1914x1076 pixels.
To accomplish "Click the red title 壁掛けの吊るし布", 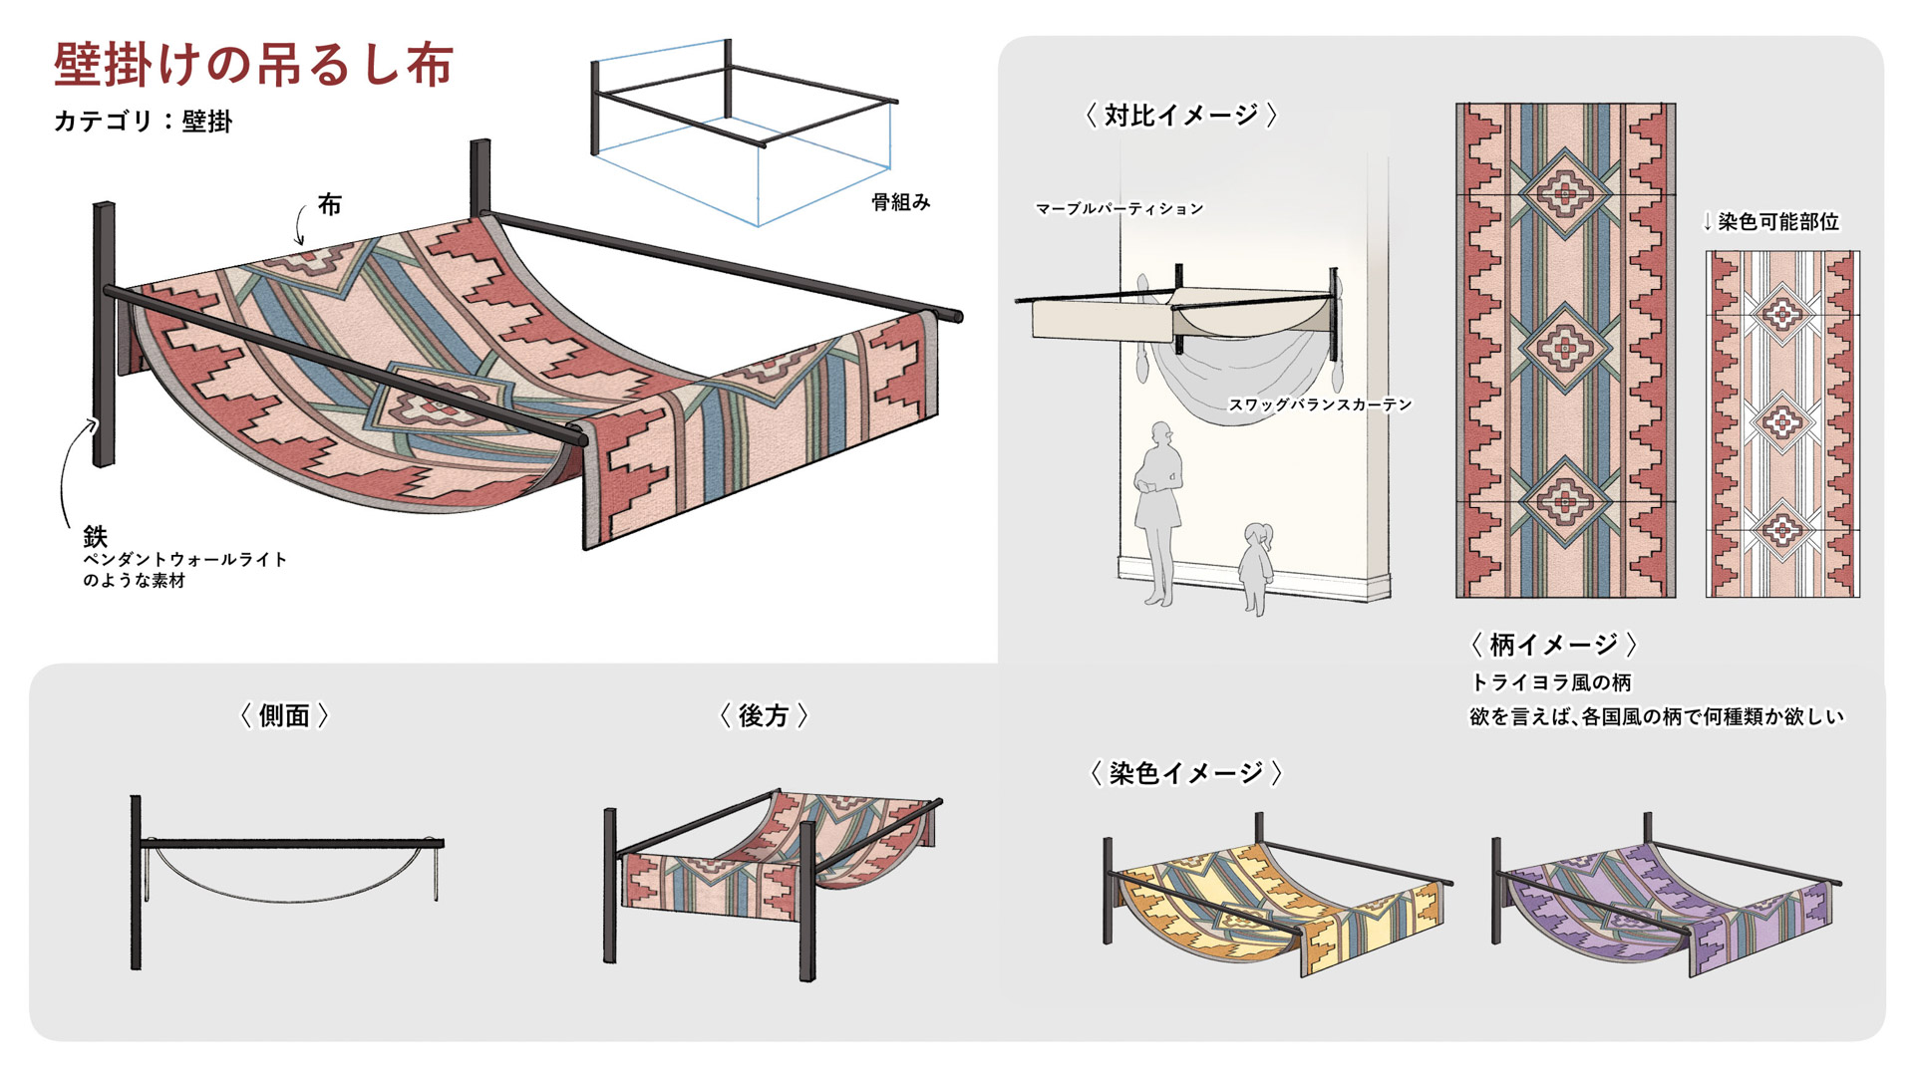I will (x=253, y=66).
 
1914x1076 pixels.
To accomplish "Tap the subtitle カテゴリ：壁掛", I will (x=143, y=122).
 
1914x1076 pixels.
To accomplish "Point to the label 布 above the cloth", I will (x=329, y=205).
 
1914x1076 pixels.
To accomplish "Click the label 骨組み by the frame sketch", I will (x=900, y=202).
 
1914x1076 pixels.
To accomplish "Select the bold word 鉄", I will (x=95, y=537).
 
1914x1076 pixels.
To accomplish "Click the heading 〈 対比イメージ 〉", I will (x=1180, y=116).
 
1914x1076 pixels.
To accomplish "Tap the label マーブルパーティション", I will (x=1119, y=209).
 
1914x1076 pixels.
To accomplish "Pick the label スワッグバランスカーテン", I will (x=1320, y=404).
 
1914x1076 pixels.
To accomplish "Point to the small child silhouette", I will (x=1254, y=568).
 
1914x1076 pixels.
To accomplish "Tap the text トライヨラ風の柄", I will (x=1551, y=682).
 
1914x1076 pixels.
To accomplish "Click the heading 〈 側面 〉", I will (x=284, y=715).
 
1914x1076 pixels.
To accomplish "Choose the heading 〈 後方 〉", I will (x=764, y=715).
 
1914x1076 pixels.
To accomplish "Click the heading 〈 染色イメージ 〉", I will (x=1185, y=773).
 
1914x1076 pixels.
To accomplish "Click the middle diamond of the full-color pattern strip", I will (x=1564, y=348).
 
